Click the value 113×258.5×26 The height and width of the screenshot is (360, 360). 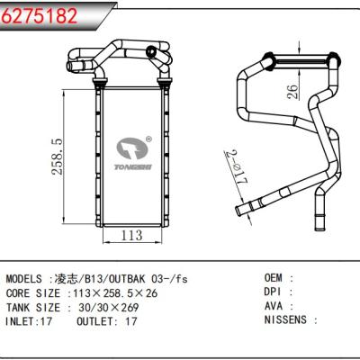coord(115,292)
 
